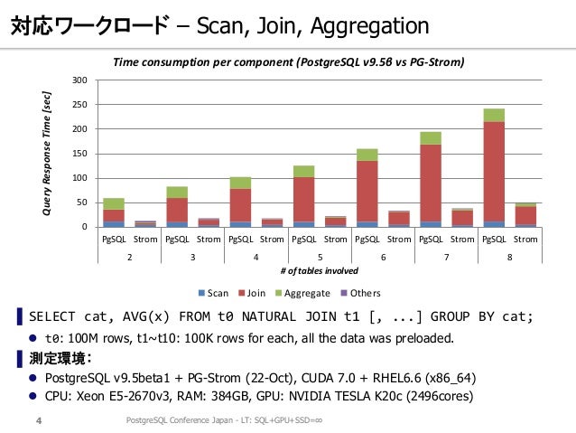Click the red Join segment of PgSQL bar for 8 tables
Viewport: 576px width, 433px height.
pyautogui.click(x=494, y=172)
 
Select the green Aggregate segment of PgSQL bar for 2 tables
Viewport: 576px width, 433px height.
pyautogui.click(x=114, y=203)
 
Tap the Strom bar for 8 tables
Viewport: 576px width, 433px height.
pyautogui.click(x=525, y=215)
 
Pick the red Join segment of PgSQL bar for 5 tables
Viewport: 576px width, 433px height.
pyautogui.click(x=303, y=200)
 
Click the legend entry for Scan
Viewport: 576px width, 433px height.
pyautogui.click(x=213, y=293)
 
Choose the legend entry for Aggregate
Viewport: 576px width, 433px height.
pyautogui.click(x=302, y=293)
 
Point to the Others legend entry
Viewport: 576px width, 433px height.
pyautogui.click(x=361, y=293)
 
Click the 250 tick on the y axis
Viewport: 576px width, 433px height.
pyautogui.click(x=79, y=105)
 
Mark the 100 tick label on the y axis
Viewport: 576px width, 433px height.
pyautogui.click(x=79, y=178)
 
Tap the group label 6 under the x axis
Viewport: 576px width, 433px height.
pyautogui.click(x=383, y=257)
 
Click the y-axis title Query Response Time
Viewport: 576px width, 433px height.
pyautogui.click(x=47, y=154)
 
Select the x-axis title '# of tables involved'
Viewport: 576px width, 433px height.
pyautogui.click(x=320, y=271)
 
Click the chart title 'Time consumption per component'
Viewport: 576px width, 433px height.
pyautogui.click(x=203, y=62)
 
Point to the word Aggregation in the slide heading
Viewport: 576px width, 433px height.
pyautogui.click(x=370, y=27)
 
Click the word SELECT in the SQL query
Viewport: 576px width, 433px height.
pyautogui.click(x=52, y=316)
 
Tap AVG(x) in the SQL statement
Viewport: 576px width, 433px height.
pyautogui.click(x=146, y=316)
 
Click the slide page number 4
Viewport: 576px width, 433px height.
pyautogui.click(x=39, y=420)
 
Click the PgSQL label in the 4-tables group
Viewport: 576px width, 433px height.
pyautogui.click(x=241, y=240)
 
